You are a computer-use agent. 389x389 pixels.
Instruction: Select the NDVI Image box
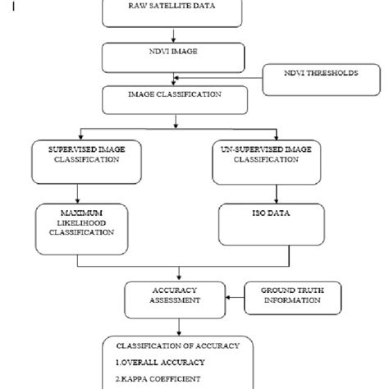pyautogui.click(x=172, y=57)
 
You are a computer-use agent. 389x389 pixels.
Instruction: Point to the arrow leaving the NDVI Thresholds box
pyautogui.click(x=222, y=79)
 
